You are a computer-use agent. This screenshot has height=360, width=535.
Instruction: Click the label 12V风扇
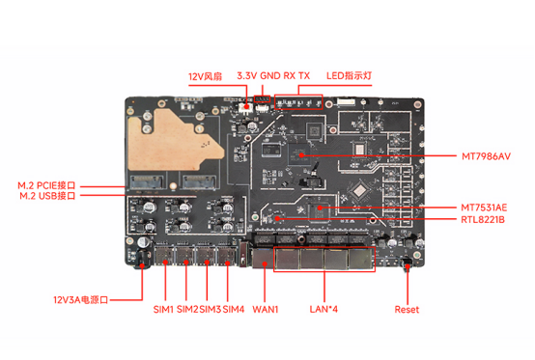point(206,75)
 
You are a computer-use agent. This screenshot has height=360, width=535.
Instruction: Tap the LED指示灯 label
point(349,75)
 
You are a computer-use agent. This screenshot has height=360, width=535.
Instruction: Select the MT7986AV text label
point(486,155)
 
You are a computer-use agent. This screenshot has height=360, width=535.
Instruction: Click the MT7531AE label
point(485,208)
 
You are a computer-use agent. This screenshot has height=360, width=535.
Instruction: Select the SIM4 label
point(234,309)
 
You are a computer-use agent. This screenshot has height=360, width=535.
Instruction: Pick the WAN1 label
point(265,309)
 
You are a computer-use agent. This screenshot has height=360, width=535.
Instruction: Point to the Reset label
point(408,309)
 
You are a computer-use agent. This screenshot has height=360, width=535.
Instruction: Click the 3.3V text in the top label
point(249,75)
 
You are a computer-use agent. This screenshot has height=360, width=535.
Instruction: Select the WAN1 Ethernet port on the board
point(264,257)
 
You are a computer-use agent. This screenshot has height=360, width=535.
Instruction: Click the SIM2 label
point(187,309)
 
